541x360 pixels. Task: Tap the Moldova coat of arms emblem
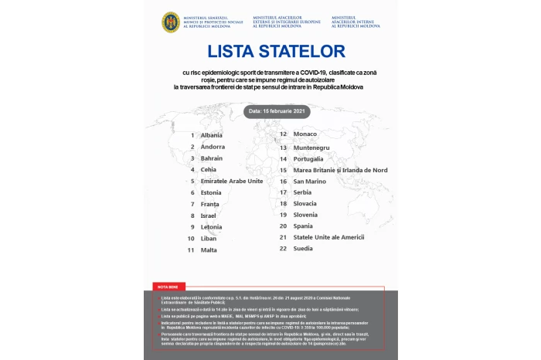(170, 22)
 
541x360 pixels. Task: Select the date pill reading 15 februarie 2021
(270, 110)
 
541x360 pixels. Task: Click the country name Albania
(211, 135)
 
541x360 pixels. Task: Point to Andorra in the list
(213, 147)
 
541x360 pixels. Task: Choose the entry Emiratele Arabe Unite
(232, 181)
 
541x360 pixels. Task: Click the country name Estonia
(211, 192)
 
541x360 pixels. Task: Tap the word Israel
(209, 216)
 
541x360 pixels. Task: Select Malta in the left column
(209, 250)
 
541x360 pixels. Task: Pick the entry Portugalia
(309, 158)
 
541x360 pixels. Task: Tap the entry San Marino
(311, 181)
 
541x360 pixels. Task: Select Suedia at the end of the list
(304, 249)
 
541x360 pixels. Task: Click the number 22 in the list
(284, 249)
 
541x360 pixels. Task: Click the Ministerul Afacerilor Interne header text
(356, 21)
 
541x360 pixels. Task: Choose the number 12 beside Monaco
(284, 134)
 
